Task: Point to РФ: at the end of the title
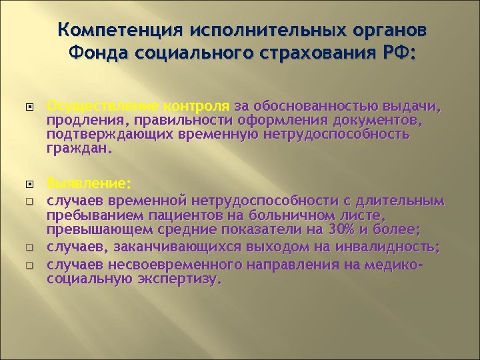point(394,53)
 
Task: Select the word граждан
point(77,148)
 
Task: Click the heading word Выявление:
point(89,183)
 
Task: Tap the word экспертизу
point(177,279)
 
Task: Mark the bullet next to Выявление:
point(29,183)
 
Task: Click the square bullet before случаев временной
point(29,199)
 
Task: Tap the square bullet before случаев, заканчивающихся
point(29,248)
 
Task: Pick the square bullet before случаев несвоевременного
point(29,264)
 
